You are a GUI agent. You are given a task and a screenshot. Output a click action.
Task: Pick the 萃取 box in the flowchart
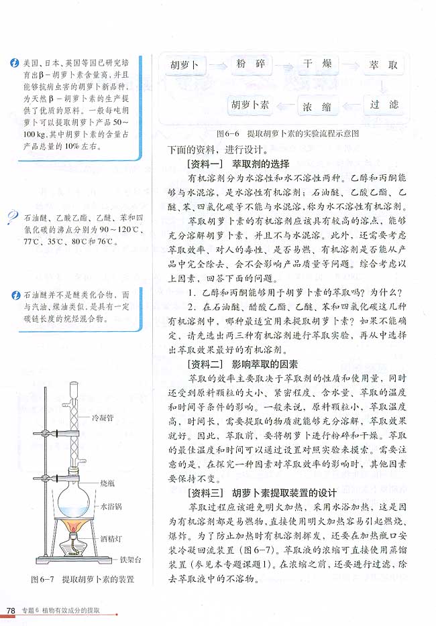click(x=384, y=66)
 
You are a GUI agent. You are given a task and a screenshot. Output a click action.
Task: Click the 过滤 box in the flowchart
click(x=384, y=105)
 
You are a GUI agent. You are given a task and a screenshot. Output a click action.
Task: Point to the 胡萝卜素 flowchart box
click(x=250, y=106)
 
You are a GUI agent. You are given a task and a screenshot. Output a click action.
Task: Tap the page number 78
click(x=10, y=611)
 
